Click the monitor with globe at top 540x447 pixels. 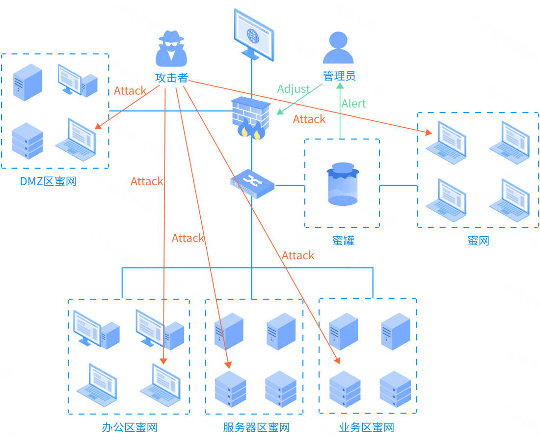click(x=253, y=34)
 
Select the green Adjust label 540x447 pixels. click(x=293, y=89)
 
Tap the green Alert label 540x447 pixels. click(x=353, y=104)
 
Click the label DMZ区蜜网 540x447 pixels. click(x=48, y=181)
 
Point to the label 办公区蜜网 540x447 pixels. click(x=130, y=427)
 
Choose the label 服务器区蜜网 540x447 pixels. click(x=256, y=427)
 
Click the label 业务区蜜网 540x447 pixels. click(x=367, y=427)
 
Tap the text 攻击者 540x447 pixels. click(x=171, y=77)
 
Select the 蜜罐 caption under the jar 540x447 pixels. click(x=343, y=240)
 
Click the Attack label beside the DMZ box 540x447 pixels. click(x=130, y=91)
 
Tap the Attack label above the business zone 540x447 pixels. click(x=298, y=255)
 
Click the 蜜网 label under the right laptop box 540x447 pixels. click(x=478, y=240)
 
